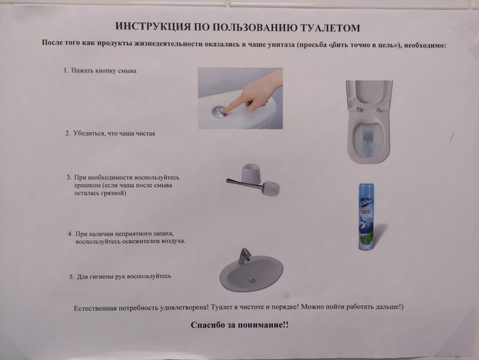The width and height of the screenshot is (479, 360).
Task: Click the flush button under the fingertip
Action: pos(219,111)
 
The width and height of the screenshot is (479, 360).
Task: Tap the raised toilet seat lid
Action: pos(369,94)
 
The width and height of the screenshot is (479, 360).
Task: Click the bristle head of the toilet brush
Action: pos(271,188)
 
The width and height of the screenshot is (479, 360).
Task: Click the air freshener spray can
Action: pos(366,216)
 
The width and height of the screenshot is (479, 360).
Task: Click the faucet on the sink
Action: pos(244,256)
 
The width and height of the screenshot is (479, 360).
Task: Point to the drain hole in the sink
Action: pos(252,280)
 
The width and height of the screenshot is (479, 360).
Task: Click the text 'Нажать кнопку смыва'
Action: pos(104,71)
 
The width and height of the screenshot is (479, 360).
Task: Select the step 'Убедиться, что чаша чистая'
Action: pos(114,133)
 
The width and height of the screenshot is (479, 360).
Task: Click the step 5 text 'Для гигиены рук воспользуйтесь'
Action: pos(124,277)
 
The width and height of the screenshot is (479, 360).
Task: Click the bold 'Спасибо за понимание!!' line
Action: pos(239,325)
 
